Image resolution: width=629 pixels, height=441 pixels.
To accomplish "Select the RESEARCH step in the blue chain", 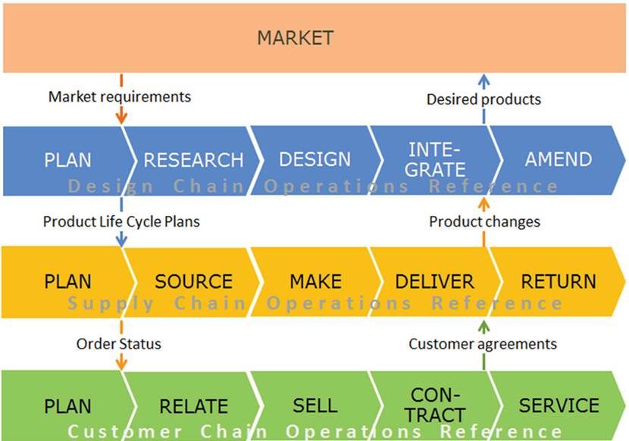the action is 193,160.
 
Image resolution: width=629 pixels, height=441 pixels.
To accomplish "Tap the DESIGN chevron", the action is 314,159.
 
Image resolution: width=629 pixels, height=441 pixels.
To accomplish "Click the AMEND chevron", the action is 559,159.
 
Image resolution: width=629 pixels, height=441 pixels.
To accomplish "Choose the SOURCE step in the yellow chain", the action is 193,281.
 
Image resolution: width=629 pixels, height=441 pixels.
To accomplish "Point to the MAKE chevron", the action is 314,281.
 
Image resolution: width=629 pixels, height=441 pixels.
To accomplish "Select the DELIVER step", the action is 435,281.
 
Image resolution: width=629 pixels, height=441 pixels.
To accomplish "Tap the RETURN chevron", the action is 559,281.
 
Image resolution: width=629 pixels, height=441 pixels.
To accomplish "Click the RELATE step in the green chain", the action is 193,406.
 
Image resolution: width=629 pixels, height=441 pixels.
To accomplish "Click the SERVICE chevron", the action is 559,405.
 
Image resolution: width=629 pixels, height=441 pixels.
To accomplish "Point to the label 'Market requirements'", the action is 120,96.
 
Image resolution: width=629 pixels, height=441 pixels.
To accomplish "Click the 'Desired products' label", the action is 483,99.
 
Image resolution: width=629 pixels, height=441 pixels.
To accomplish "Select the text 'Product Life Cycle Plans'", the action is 121,221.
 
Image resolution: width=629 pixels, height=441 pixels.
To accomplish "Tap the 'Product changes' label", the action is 484,221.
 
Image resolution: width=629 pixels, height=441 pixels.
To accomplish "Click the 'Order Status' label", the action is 119,343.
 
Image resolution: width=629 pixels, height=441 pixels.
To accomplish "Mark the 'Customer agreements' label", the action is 483,343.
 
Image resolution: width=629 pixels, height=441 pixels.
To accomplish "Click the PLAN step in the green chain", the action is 67,405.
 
